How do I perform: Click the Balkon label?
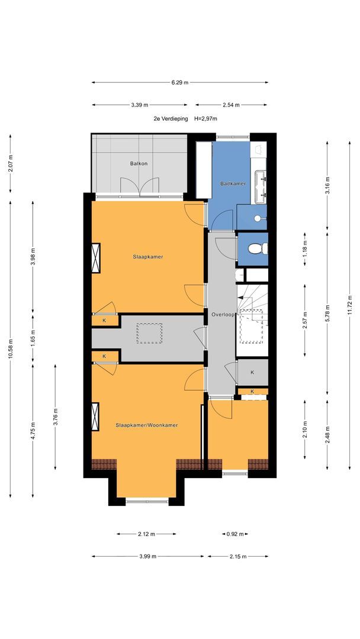point(139,163)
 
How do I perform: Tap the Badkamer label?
point(233,183)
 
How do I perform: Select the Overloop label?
point(222,315)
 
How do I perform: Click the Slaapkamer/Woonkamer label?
point(147,425)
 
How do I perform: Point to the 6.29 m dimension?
point(180,82)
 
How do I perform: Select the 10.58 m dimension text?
point(10,349)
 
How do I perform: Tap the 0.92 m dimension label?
point(235,534)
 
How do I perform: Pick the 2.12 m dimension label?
point(146,534)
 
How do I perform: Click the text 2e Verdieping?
point(171,119)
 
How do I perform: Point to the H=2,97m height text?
point(206,119)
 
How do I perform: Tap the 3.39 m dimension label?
point(140,105)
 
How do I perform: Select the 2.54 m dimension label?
point(231,105)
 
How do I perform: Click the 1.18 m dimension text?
point(304,250)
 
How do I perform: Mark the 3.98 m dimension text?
point(33,257)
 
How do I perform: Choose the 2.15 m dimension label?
point(237,556)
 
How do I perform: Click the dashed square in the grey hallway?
point(149,333)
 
